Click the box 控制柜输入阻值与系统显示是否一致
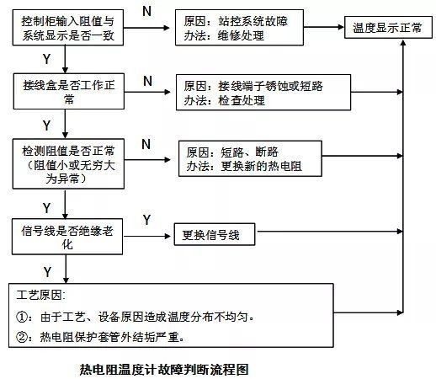tap(68, 28)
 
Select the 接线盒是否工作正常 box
tap(69, 91)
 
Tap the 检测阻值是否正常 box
tap(68, 163)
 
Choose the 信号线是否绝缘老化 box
tap(67, 237)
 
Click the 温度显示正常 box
tap(388, 27)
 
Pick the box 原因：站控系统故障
tap(239, 28)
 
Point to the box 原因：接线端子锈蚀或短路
tap(263, 93)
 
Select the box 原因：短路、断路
tap(250, 158)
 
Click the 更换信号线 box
tap(215, 234)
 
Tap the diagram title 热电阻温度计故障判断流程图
tap(164, 369)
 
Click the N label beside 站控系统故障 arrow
tap(146, 12)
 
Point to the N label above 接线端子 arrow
tap(147, 82)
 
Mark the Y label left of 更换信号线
tap(146, 220)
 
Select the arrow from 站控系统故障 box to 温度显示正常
tap(324, 27)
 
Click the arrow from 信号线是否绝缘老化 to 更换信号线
tap(147, 236)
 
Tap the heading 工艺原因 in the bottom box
tap(40, 295)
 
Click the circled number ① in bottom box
tap(22, 318)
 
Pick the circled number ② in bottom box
tap(22, 337)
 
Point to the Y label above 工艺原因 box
tap(47, 272)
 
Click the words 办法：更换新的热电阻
tap(244, 166)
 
